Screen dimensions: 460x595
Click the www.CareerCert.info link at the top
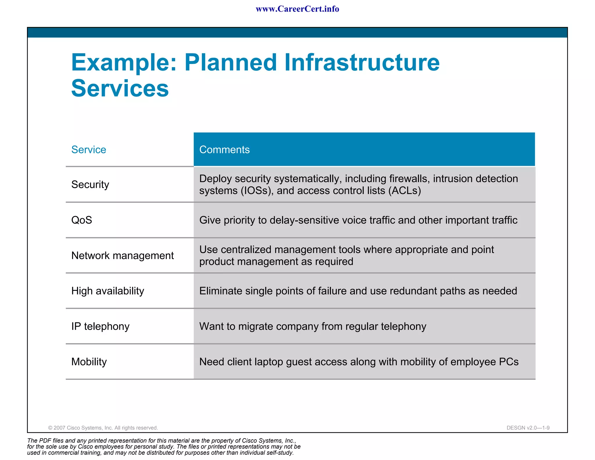[297, 9]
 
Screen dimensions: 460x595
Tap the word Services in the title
[120, 88]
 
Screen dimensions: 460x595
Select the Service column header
[89, 149]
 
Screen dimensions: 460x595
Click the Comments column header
[224, 149]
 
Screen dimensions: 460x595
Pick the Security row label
[90, 184]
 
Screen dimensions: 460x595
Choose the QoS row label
[82, 220]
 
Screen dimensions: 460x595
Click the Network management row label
[122, 256]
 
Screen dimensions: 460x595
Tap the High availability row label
[107, 291]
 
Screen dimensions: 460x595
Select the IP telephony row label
[100, 326]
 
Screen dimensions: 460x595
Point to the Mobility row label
[89, 362]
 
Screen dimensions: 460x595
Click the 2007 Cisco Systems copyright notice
[103, 428]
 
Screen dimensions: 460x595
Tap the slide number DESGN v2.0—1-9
[528, 428]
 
